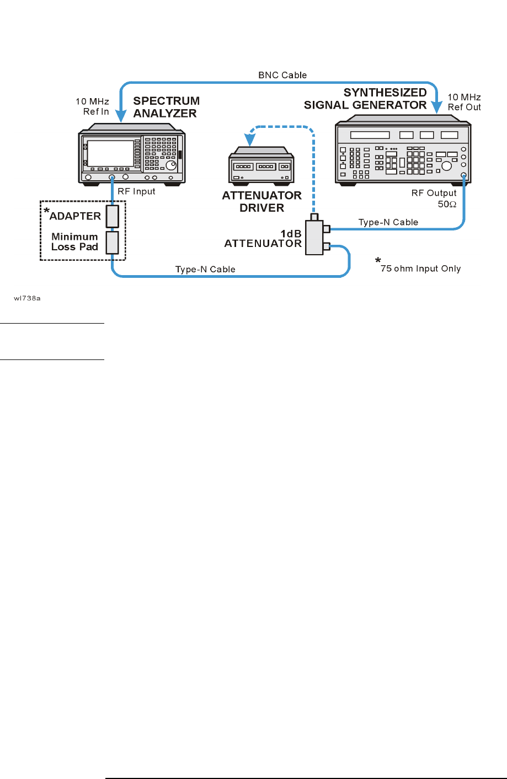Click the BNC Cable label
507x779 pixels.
(282, 75)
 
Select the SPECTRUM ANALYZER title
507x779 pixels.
(166, 107)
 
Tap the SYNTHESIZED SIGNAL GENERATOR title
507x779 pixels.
(366, 99)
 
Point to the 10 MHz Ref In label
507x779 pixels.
(93, 106)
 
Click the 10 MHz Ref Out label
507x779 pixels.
(464, 102)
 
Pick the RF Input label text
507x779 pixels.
(136, 191)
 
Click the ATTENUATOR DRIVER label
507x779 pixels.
(261, 202)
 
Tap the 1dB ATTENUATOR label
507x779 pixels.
(263, 239)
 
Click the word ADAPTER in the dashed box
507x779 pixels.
(75, 216)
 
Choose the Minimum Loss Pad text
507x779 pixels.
(74, 241)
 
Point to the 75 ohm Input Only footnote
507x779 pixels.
(420, 268)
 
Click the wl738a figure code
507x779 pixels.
(28, 298)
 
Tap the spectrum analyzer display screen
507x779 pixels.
(111, 152)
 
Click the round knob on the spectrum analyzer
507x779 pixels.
(174, 164)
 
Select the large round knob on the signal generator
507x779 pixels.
(447, 165)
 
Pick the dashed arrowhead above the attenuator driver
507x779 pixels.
(250, 133)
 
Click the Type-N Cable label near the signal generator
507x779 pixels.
(388, 222)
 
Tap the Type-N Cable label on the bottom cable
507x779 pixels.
(205, 269)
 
